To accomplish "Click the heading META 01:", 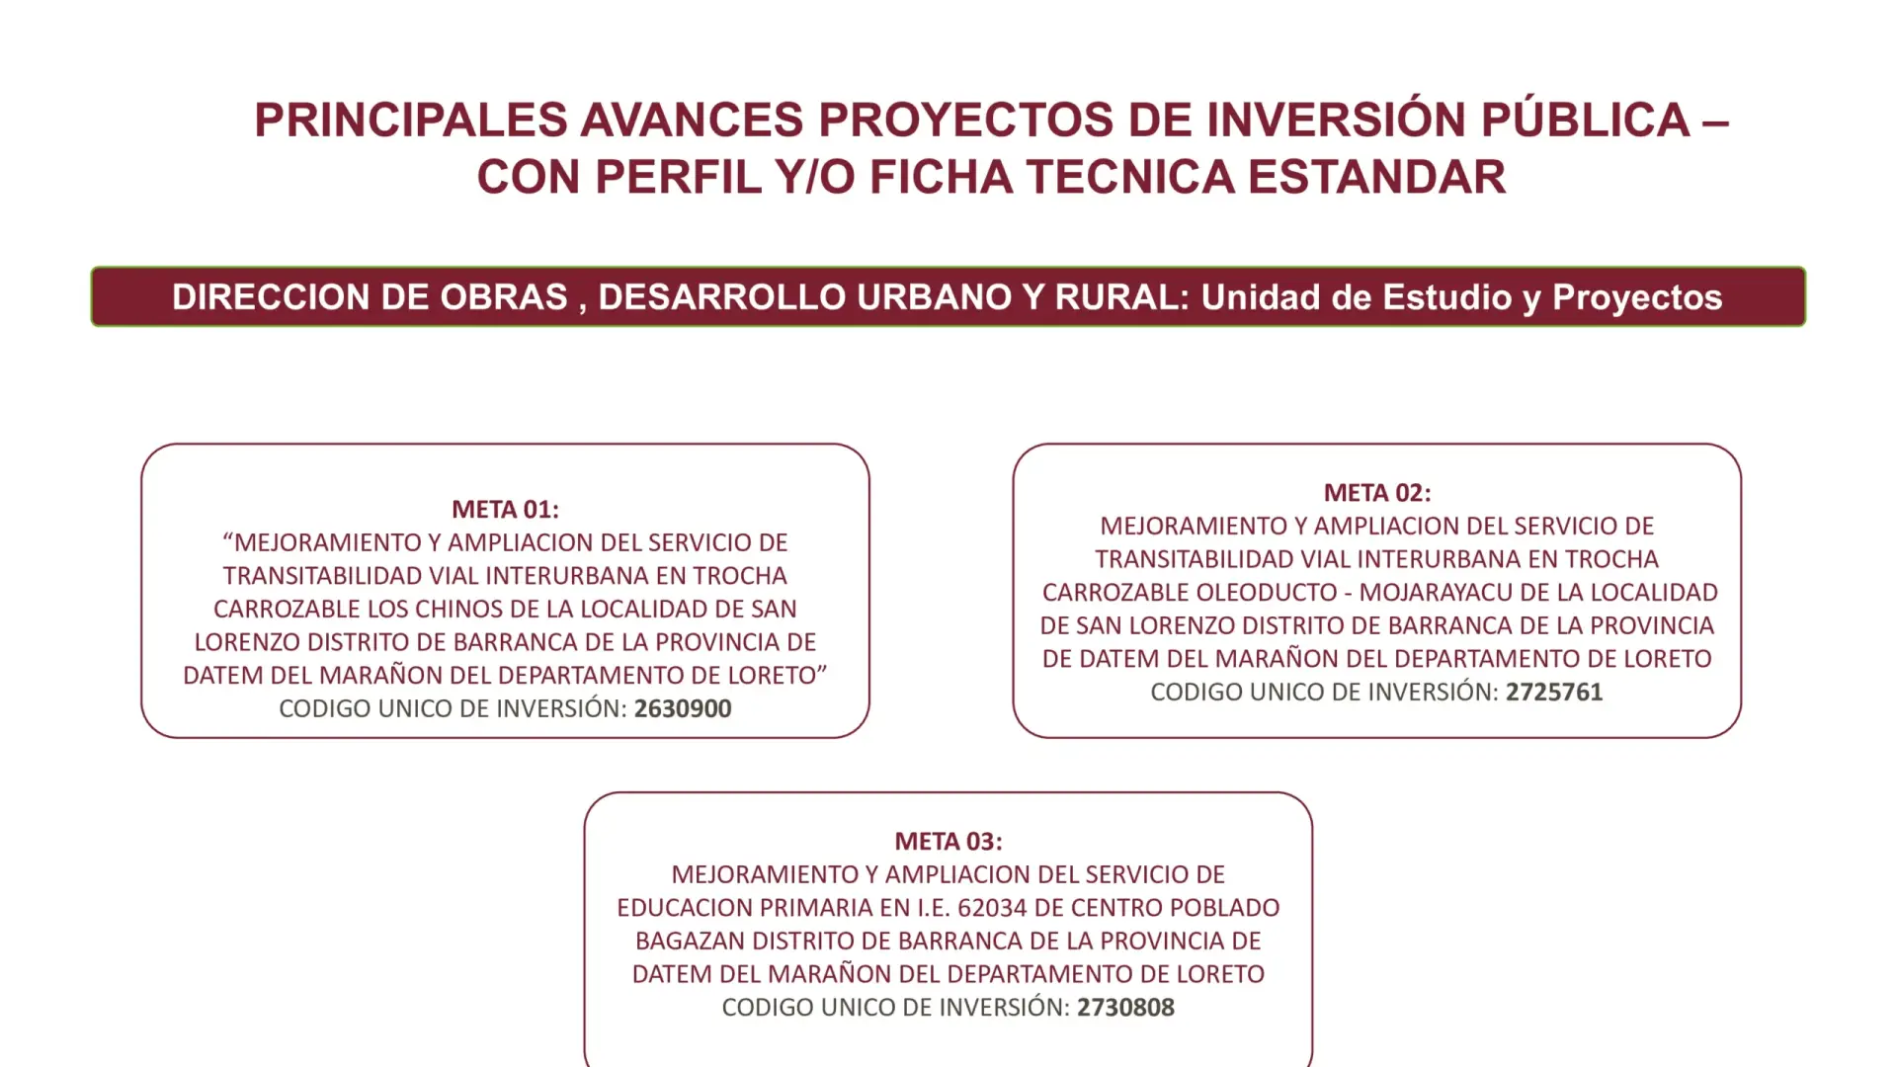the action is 505,509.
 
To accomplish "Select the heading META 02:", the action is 1377,492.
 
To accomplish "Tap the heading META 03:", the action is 948,841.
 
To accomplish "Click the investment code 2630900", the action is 683,708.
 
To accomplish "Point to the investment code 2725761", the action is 1554,692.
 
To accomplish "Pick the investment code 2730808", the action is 1125,1008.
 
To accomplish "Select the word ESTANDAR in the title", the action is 1377,178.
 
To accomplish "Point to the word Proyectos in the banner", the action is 1637,298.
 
